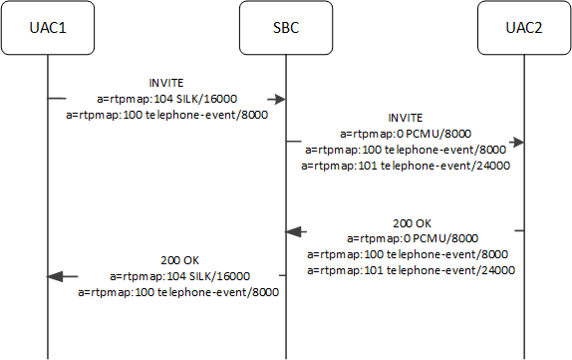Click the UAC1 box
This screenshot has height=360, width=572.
click(x=47, y=28)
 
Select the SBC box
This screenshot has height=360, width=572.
click(x=286, y=28)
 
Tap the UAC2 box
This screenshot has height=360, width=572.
click(x=524, y=28)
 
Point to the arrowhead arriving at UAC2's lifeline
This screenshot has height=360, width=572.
click(x=517, y=142)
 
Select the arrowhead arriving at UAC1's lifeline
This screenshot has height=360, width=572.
click(x=56, y=275)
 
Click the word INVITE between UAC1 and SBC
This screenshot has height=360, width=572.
click(x=165, y=84)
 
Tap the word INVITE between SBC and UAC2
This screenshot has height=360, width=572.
click(x=404, y=117)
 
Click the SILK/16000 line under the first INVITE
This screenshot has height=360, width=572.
click(x=165, y=100)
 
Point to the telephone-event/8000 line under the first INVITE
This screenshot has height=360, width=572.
click(x=165, y=116)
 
